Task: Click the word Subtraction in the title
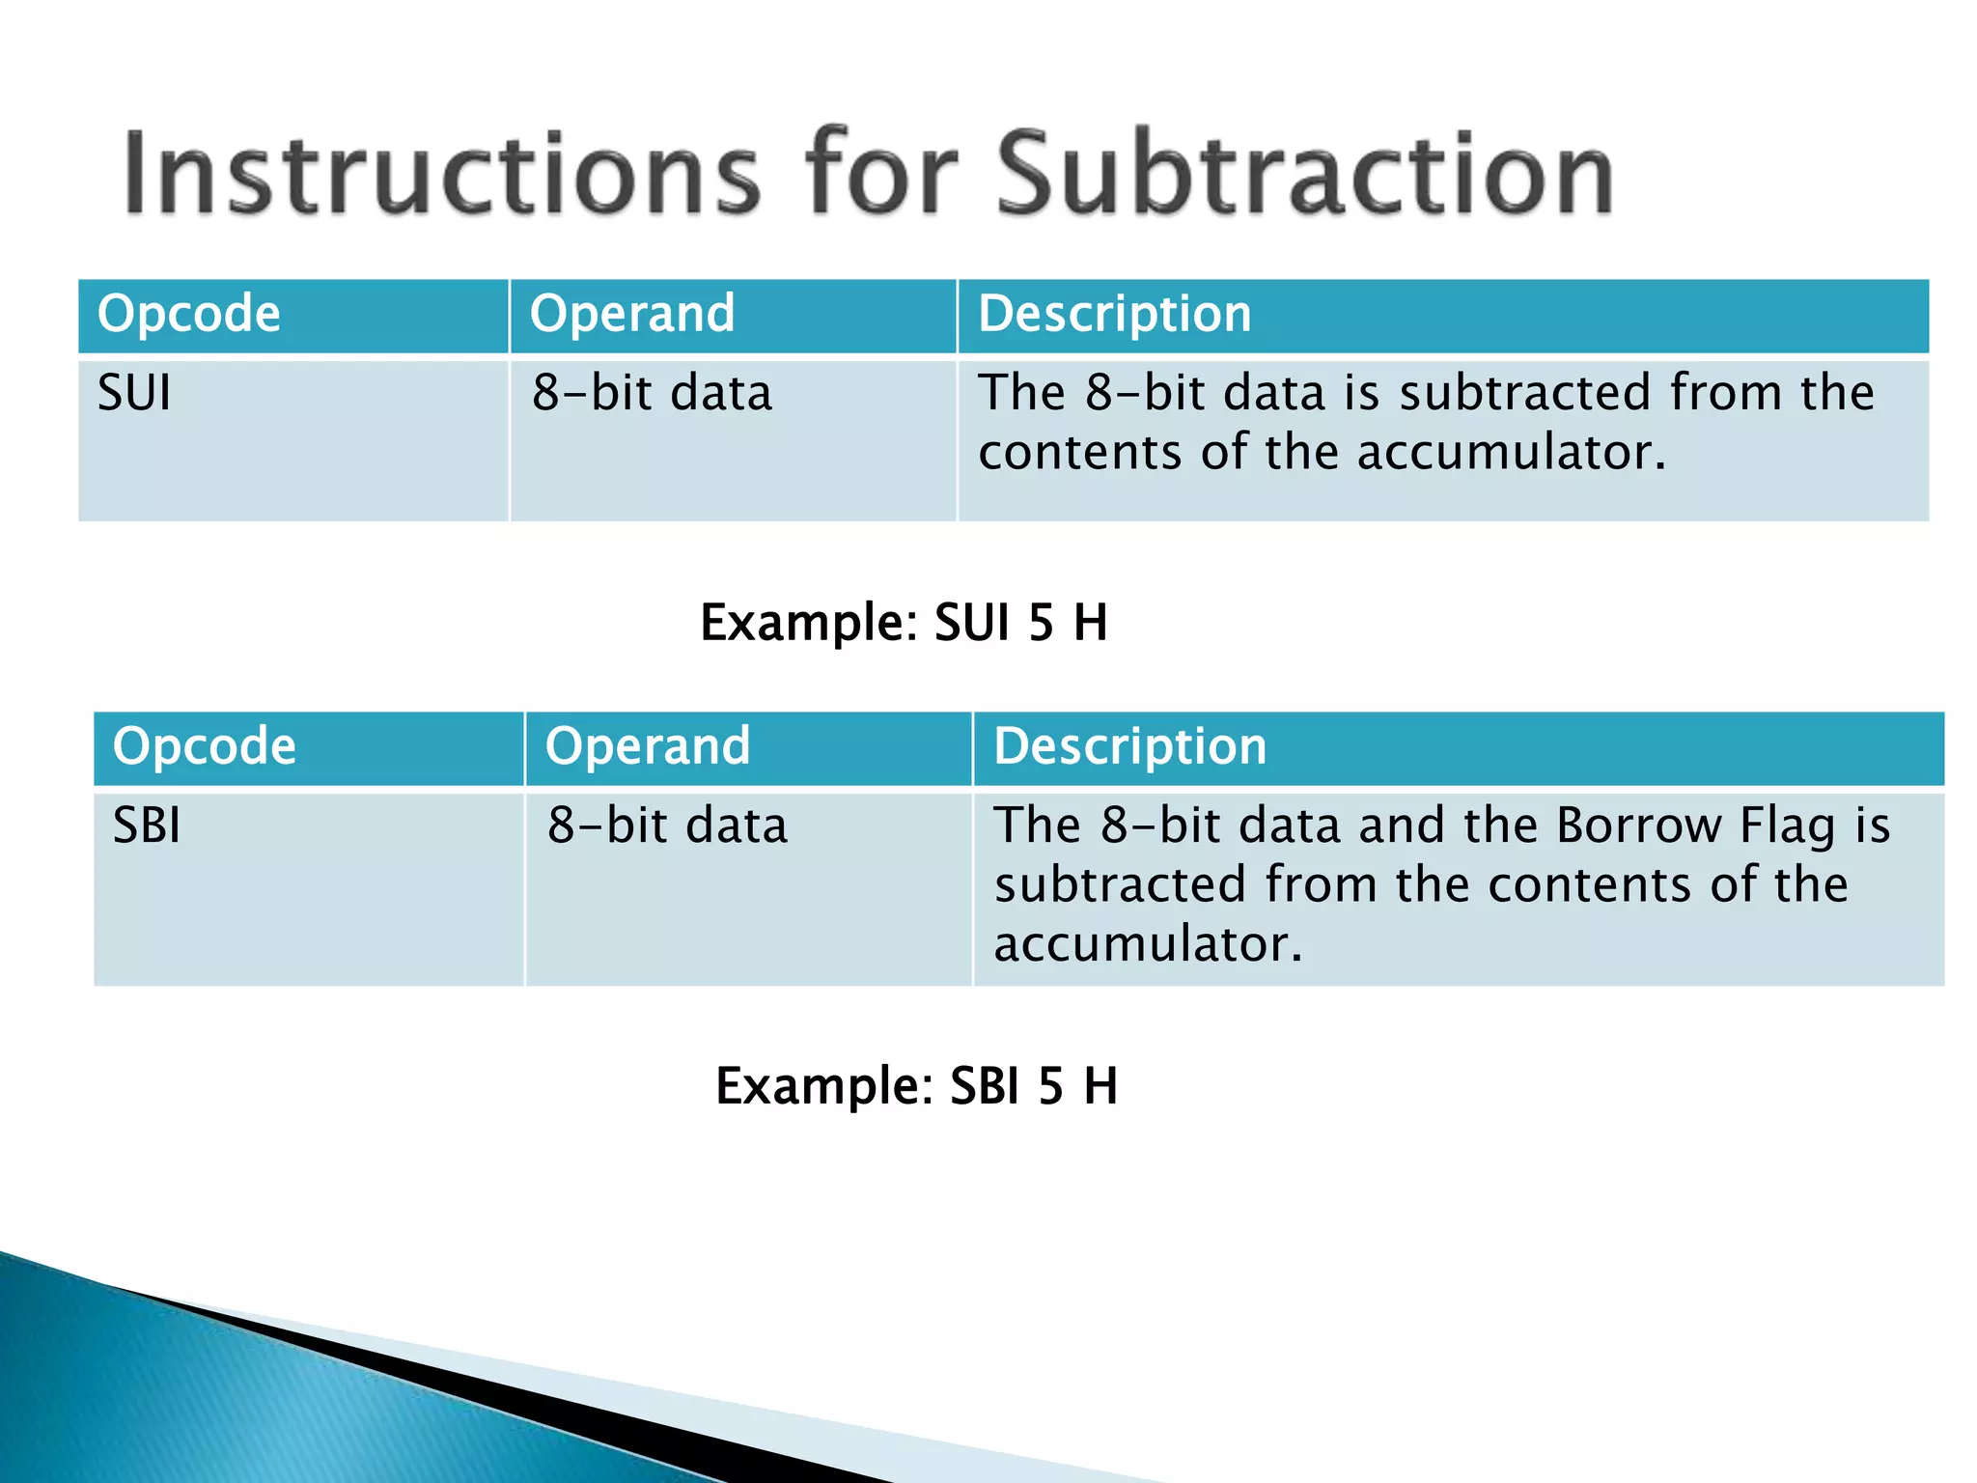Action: [x=1303, y=174]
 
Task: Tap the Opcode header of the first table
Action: [x=189, y=314]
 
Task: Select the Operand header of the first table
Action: [x=632, y=314]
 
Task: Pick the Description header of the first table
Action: [x=1115, y=314]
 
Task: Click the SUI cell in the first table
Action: [x=134, y=393]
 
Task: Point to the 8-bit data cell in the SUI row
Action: [x=652, y=393]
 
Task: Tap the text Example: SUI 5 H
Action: [x=904, y=622]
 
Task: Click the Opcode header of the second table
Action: [x=205, y=746]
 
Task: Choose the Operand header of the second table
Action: [x=648, y=746]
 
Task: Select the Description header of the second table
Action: [x=1130, y=746]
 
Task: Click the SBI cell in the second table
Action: [x=147, y=825]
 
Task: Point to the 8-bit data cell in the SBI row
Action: [x=667, y=825]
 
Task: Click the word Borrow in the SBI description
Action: [x=1638, y=825]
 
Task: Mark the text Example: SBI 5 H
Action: [x=916, y=1085]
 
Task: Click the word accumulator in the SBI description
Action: [x=1148, y=944]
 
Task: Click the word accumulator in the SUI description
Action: [x=1513, y=452]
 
